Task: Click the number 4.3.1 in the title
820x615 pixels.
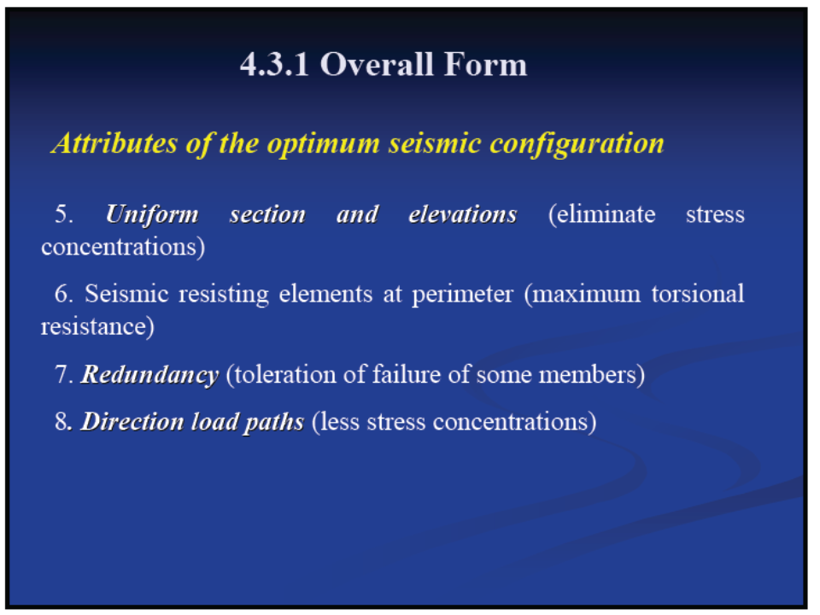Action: [x=274, y=65]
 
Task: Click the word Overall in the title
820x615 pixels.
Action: [x=377, y=65]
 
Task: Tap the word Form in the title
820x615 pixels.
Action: [x=486, y=65]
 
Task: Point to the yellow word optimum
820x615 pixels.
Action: [x=323, y=144]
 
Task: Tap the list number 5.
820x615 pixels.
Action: [x=64, y=214]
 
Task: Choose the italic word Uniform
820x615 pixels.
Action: [x=152, y=214]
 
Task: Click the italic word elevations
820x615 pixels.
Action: [x=463, y=214]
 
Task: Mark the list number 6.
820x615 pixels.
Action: [x=64, y=293]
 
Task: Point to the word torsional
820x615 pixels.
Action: [x=698, y=294]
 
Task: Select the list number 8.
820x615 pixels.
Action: [x=62, y=421]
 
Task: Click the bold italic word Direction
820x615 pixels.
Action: [x=133, y=421]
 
